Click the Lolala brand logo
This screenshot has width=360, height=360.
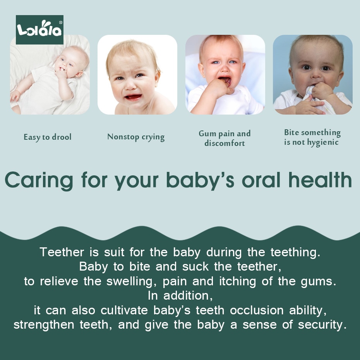(39, 30)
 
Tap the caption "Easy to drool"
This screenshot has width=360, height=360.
(48, 137)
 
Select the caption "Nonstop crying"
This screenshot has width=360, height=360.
(136, 137)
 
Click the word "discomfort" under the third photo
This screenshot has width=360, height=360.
(225, 143)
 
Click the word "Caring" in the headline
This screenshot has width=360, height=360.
(39, 181)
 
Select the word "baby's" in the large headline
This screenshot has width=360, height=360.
(200, 181)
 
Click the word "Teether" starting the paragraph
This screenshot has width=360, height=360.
(62, 252)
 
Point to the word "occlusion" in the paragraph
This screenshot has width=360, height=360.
(257, 310)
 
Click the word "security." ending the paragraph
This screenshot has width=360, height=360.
(322, 325)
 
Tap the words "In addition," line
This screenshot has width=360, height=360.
(180, 296)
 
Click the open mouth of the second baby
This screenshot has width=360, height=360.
(133, 97)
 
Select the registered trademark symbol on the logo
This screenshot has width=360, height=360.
(61, 22)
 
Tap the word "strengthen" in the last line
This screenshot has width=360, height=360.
(44, 325)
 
